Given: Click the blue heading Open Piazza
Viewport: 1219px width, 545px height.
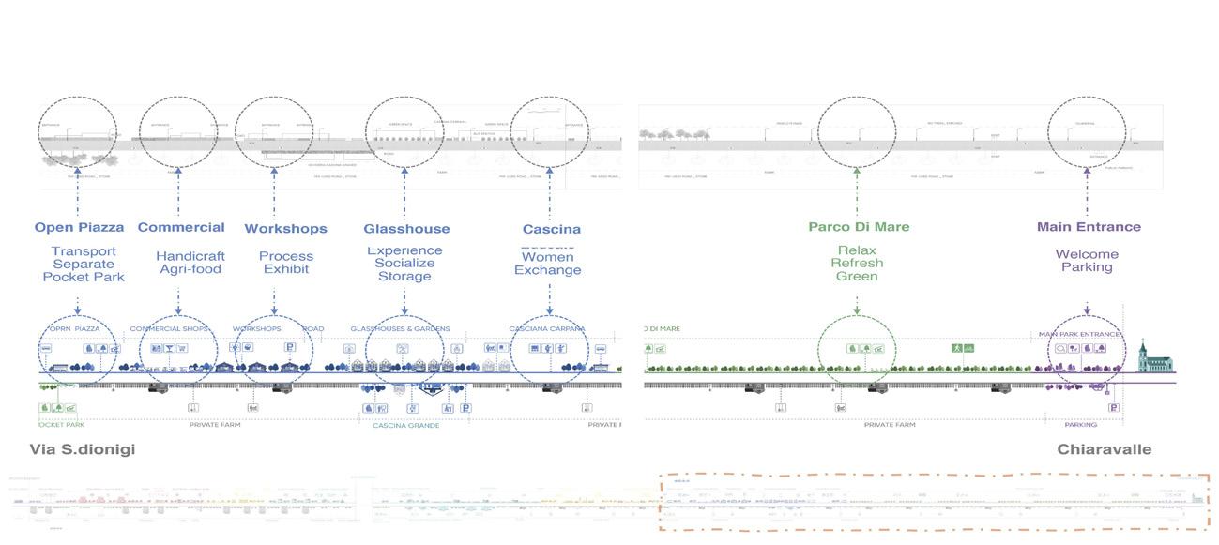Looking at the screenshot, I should click(x=79, y=227).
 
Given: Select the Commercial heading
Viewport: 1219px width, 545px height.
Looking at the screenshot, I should click(x=181, y=227).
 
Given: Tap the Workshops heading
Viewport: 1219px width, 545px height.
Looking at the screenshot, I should click(x=285, y=228).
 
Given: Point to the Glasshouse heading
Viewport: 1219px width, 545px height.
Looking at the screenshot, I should click(x=406, y=228).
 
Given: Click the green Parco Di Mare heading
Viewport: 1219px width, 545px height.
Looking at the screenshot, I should click(x=859, y=226).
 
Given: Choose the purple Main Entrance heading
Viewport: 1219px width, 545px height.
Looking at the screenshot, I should click(x=1089, y=226).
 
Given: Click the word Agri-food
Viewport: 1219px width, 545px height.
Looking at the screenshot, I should click(x=190, y=269).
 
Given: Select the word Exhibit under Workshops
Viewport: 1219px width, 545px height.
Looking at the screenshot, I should click(x=286, y=269).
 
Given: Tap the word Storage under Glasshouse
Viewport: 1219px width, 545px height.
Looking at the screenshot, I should click(x=404, y=277).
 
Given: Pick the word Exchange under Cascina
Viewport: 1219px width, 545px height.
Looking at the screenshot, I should click(x=547, y=270).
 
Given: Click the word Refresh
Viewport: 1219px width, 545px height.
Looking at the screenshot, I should click(x=857, y=264).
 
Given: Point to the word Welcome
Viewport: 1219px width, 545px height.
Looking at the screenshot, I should click(x=1087, y=254).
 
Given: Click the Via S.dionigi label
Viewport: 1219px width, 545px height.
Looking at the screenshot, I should click(x=83, y=449).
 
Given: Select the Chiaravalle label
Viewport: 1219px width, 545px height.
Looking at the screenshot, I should click(x=1104, y=449).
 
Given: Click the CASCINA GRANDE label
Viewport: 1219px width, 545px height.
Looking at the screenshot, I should click(x=405, y=425).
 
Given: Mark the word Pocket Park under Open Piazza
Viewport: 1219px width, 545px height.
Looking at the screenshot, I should click(x=84, y=277).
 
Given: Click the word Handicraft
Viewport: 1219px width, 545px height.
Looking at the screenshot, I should click(x=190, y=256).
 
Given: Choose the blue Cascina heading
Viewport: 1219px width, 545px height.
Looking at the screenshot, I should click(x=551, y=228).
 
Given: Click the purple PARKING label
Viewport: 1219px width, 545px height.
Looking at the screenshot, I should click(x=1080, y=425).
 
